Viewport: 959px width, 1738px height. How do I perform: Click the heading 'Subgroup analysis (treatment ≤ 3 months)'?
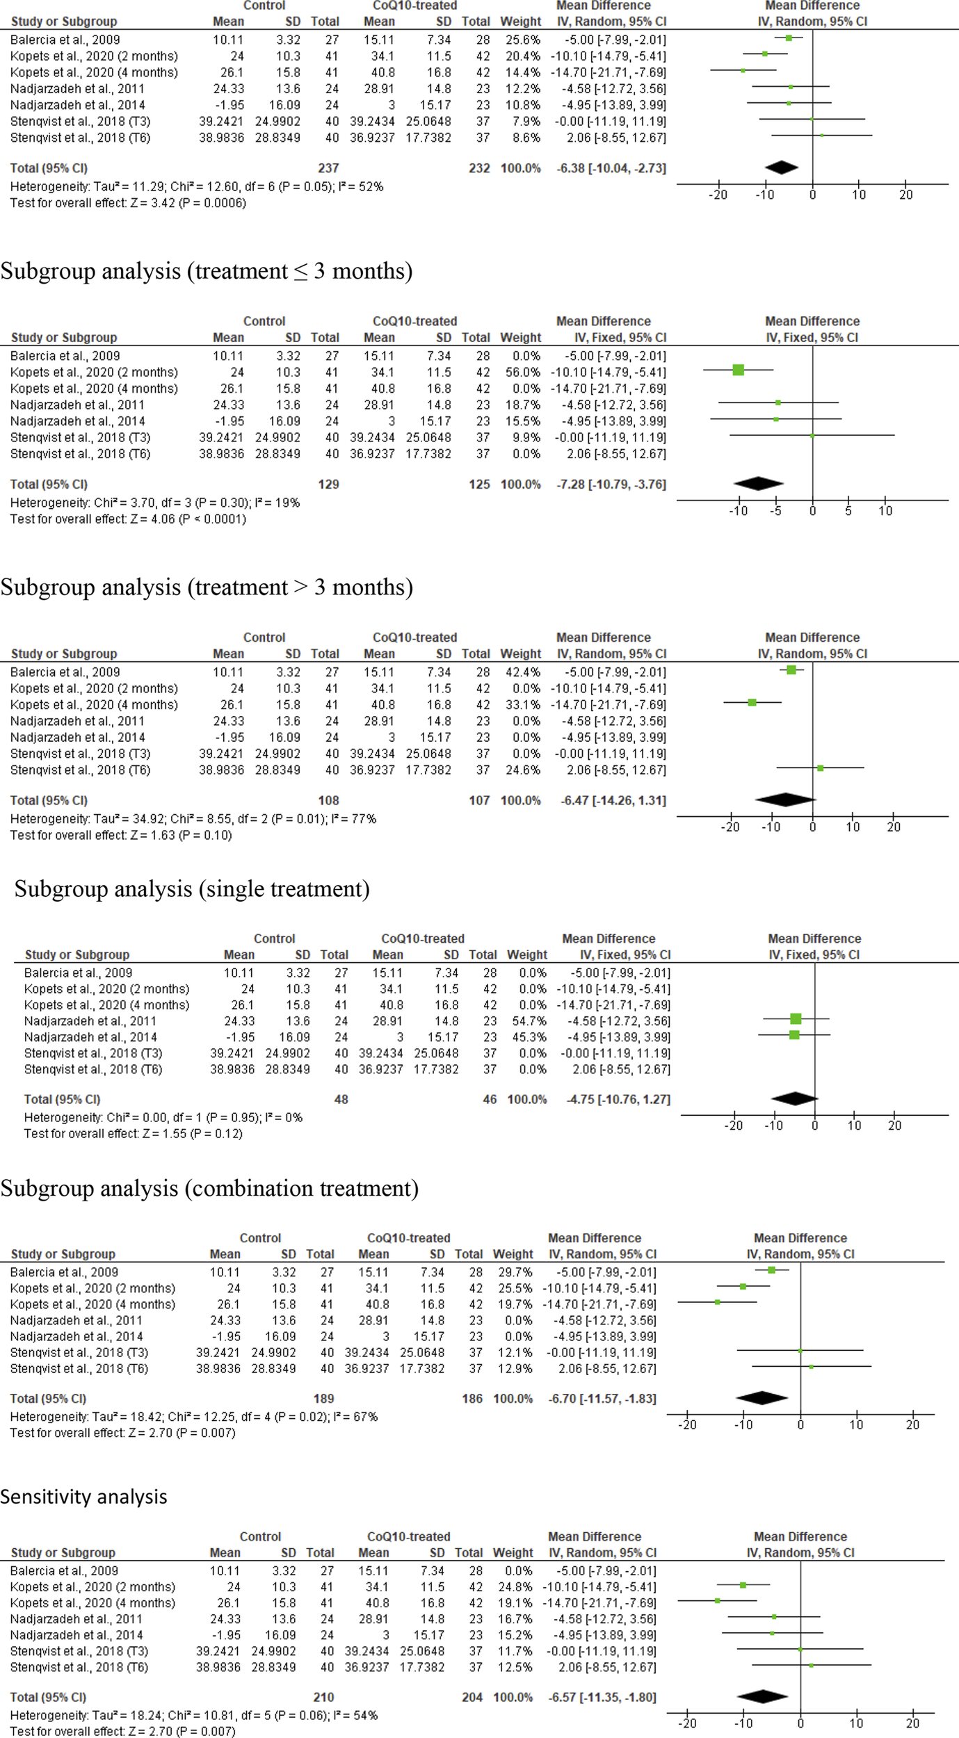pyautogui.click(x=207, y=271)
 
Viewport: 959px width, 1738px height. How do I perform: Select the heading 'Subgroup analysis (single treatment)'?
pyautogui.click(x=192, y=889)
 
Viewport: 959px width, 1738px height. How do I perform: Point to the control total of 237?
pyautogui.click(x=328, y=168)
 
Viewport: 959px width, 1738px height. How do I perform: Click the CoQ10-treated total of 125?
pyautogui.click(x=479, y=485)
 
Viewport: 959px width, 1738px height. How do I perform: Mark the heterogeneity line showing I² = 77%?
pyautogui.click(x=193, y=819)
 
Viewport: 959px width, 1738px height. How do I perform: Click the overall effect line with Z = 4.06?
pyautogui.click(x=128, y=519)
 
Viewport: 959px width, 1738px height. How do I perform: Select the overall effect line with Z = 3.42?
pyautogui.click(x=128, y=203)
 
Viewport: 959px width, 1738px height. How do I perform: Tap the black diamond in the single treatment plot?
pyautogui.click(x=794, y=1099)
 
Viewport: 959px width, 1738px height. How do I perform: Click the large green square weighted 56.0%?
pyautogui.click(x=739, y=371)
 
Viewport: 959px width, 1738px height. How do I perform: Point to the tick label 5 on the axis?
pyautogui.click(x=848, y=512)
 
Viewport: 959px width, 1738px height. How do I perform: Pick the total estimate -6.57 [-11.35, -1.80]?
pyautogui.click(x=603, y=1698)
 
